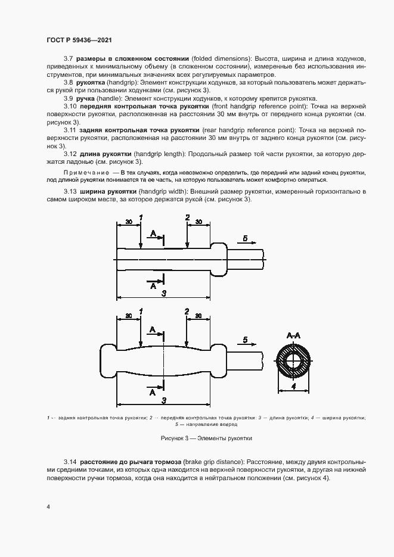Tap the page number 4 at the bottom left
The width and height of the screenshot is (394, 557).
(x=48, y=507)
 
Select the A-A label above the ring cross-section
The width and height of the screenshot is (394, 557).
(x=293, y=337)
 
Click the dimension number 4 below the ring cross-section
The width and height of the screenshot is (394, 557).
(x=293, y=386)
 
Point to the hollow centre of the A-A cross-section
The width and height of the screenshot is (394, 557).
(x=293, y=362)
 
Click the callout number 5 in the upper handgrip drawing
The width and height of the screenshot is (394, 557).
(x=246, y=238)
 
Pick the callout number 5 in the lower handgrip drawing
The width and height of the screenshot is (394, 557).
(x=245, y=340)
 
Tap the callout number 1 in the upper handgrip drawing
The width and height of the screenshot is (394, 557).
(x=141, y=218)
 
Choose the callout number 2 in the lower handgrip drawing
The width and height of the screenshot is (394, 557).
(x=187, y=312)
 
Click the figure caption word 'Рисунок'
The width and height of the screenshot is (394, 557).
(x=172, y=438)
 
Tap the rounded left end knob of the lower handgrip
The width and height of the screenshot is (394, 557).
(x=108, y=361)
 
